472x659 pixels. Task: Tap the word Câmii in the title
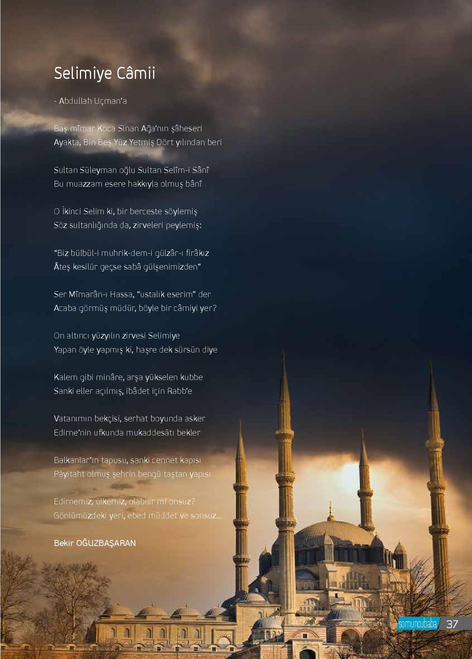tap(136, 73)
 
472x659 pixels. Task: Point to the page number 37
tap(452, 624)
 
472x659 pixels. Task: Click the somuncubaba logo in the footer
tap(417, 624)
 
